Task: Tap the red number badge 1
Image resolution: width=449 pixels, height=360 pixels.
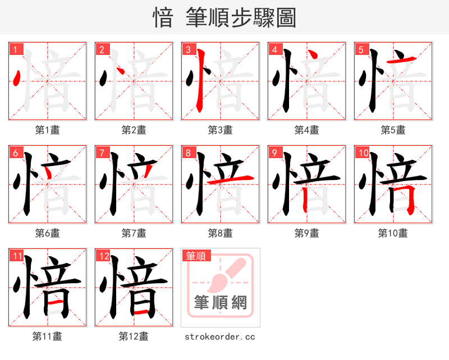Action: [x=15, y=49]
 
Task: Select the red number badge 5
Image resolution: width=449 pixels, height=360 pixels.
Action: [x=360, y=49]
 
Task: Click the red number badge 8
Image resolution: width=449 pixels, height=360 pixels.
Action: [x=187, y=153]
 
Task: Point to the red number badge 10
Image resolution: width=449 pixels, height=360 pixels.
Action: [x=363, y=153]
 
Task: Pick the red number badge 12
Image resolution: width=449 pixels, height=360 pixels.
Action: [x=103, y=256]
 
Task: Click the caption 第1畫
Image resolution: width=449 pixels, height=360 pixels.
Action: [x=47, y=130]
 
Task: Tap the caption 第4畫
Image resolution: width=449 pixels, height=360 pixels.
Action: [x=306, y=130]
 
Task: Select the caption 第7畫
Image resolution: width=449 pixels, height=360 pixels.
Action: [x=134, y=233]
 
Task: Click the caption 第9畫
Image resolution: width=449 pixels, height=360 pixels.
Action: [x=306, y=233]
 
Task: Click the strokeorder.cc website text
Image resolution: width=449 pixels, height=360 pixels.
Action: [x=220, y=336]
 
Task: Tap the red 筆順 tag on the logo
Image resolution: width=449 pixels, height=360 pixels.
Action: [x=196, y=256]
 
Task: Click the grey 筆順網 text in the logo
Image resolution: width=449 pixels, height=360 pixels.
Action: [x=220, y=303]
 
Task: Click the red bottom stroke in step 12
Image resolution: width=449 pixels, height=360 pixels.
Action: [x=141, y=311]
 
